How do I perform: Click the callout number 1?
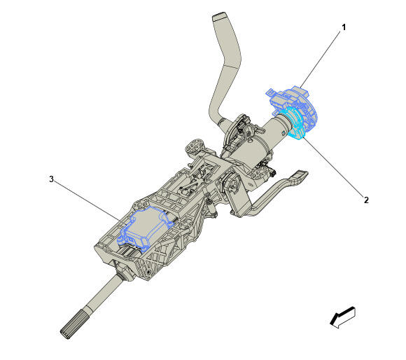click(x=344, y=27)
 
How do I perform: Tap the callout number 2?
click(x=366, y=200)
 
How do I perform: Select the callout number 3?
click(x=52, y=179)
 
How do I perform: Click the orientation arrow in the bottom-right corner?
click(x=342, y=317)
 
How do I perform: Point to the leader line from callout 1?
click(x=321, y=59)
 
